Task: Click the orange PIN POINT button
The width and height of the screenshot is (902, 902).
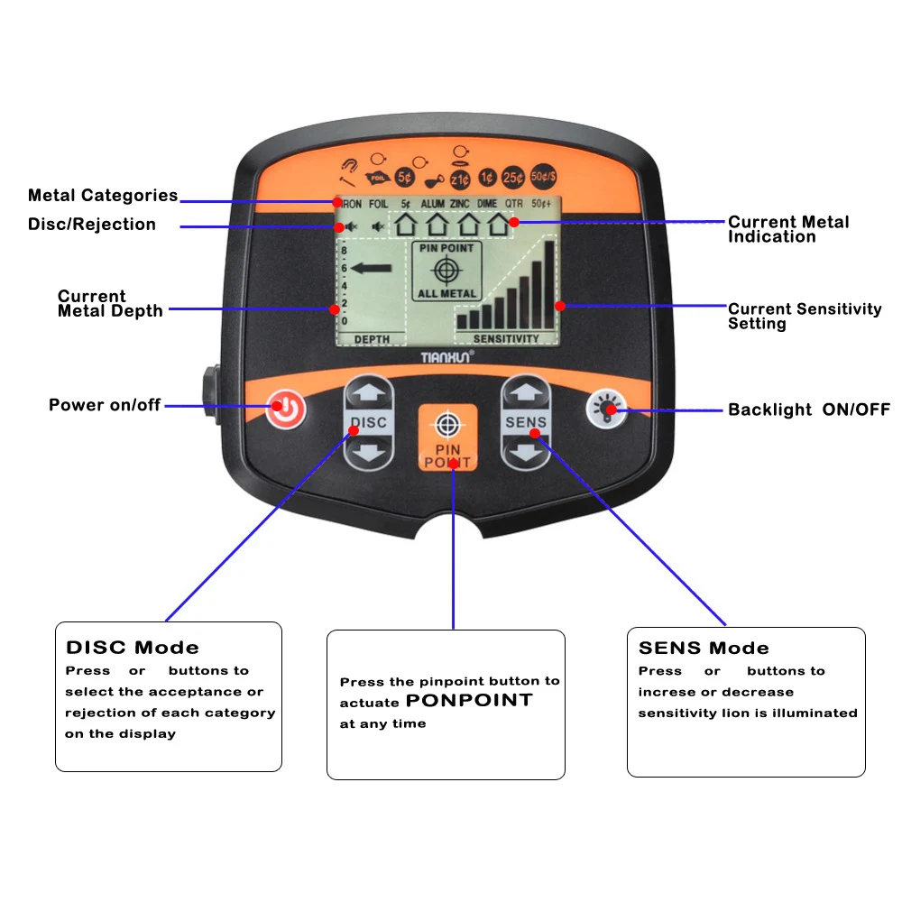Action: (447, 437)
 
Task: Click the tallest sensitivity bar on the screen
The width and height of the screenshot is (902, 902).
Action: (549, 284)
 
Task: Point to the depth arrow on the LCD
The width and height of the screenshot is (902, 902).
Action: (375, 267)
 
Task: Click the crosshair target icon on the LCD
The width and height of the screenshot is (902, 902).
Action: (446, 270)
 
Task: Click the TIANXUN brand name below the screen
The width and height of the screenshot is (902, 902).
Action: (447, 357)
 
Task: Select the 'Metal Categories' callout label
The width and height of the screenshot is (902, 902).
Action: (103, 196)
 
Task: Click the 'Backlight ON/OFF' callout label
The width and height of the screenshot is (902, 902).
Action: (809, 410)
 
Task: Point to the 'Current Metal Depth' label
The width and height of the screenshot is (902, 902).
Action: (109, 304)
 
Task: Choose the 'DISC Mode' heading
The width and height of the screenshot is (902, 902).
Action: (133, 648)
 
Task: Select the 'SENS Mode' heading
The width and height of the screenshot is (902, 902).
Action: (704, 648)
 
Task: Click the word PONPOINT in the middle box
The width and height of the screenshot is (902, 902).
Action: (469, 701)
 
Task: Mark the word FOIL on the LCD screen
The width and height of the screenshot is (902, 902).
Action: (379, 204)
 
